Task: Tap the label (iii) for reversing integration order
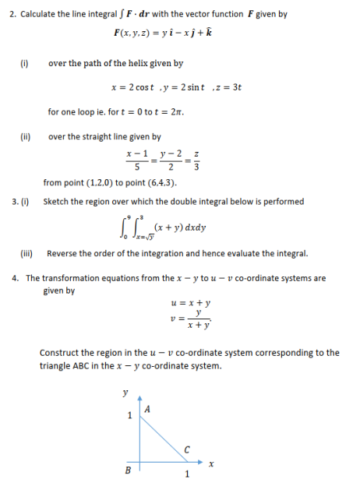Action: [26, 253]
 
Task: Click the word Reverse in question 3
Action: [64, 253]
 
